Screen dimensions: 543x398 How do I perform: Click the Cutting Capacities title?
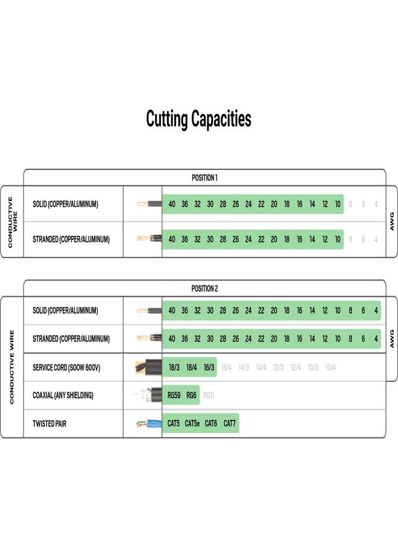[x=198, y=119]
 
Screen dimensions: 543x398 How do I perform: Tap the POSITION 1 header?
[x=204, y=177]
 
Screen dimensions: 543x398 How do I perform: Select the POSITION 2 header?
[x=204, y=288]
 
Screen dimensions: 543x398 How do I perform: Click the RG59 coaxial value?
[x=174, y=396]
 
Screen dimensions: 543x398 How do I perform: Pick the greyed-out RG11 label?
[x=209, y=396]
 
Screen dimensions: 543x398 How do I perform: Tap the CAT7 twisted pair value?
[x=230, y=424]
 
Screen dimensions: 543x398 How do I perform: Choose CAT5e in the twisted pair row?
[x=192, y=424]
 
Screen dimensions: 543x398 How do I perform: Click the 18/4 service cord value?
[x=191, y=367]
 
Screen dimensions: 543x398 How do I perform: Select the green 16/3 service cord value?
[x=209, y=367]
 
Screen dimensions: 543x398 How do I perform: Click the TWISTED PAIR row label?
[x=49, y=424]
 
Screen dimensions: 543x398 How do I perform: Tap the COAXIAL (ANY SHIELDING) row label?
[x=63, y=396]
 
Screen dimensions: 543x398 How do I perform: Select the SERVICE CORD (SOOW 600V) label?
[x=66, y=367]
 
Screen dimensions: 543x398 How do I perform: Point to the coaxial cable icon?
[x=148, y=396]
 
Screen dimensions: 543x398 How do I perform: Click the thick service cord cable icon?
[x=148, y=367]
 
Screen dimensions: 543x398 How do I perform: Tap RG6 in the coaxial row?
[x=191, y=396]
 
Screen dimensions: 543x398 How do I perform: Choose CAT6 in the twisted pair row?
[x=211, y=424]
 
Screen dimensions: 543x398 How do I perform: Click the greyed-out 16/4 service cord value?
[x=226, y=367]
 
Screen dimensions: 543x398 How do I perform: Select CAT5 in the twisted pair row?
[x=173, y=424]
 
